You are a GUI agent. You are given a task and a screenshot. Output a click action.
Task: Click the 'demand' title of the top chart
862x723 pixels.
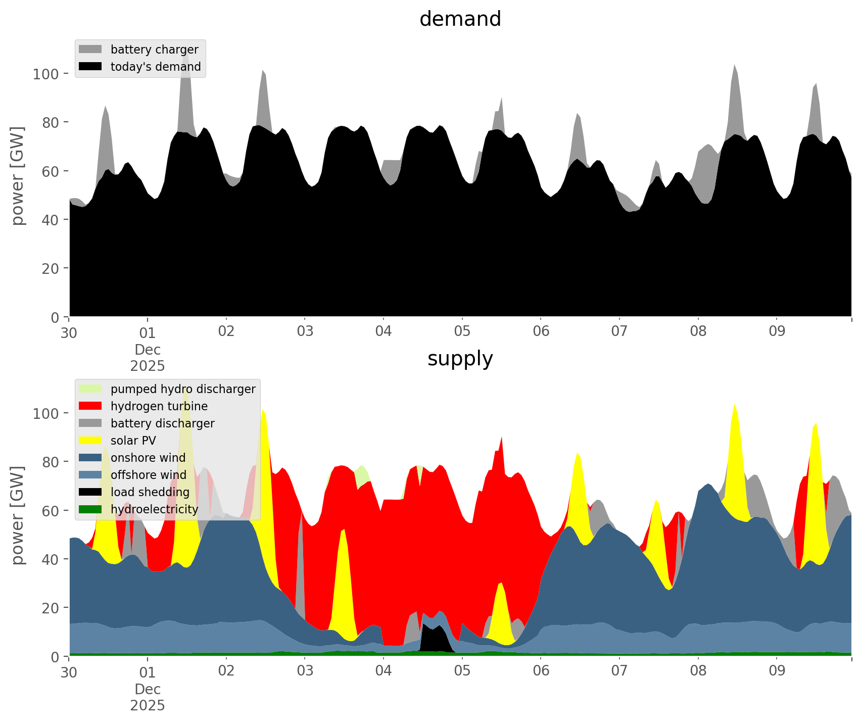[x=460, y=19]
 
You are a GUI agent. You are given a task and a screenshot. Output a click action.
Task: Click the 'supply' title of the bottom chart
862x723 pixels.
[x=460, y=359]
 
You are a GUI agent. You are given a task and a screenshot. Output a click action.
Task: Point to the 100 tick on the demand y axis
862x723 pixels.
[x=46, y=74]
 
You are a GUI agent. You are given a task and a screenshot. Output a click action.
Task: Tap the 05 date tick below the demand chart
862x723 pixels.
[x=462, y=332]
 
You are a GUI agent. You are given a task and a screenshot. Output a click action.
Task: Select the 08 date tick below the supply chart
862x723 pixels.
[x=698, y=671]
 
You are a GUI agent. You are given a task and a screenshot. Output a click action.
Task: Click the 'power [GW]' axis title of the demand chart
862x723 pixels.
[x=18, y=176]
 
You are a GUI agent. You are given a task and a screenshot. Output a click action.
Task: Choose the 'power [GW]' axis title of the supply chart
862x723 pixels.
[x=18, y=515]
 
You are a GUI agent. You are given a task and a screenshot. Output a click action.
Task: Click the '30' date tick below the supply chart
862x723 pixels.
[x=69, y=671]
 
